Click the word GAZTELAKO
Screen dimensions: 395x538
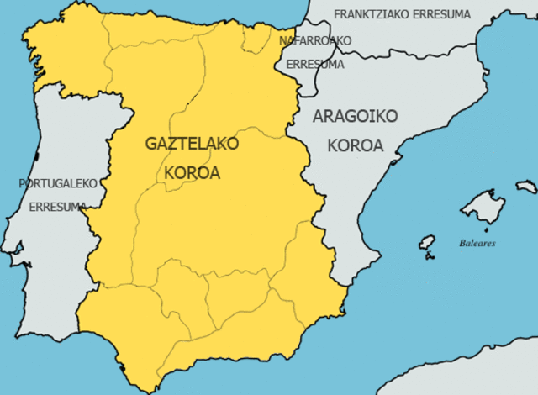(192, 144)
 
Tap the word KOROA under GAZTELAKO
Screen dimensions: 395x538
(193, 172)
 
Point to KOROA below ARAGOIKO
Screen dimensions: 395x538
(355, 145)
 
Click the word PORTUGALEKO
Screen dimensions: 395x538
(59, 182)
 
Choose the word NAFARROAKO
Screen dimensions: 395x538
(315, 39)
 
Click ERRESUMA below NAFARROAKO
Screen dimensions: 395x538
(315, 64)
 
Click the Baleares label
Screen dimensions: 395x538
(477, 243)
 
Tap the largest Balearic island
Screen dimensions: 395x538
(483, 206)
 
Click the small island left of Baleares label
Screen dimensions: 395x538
(429, 243)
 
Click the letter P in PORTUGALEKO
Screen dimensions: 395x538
(22, 182)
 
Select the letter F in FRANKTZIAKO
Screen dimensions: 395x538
(337, 14)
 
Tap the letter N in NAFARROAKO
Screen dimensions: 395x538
(282, 39)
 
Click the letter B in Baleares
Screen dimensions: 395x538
(462, 243)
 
